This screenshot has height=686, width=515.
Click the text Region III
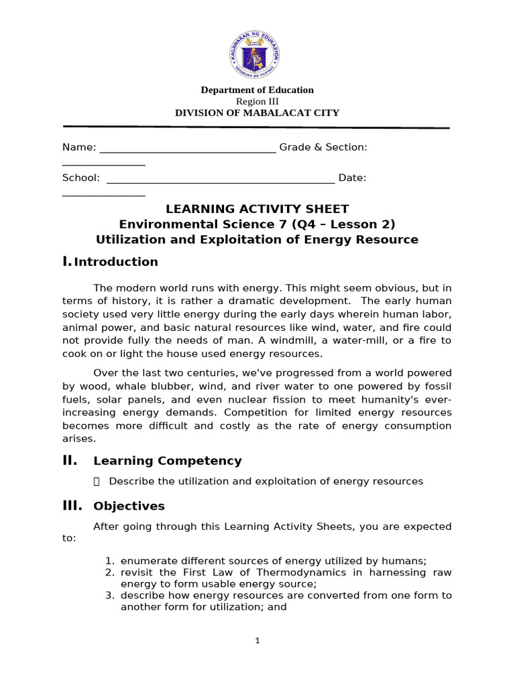point(257,101)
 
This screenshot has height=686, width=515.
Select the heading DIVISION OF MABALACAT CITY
point(257,113)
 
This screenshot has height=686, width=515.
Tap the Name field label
point(79,147)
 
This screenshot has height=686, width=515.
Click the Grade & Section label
point(323,147)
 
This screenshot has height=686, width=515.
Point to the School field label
point(81,178)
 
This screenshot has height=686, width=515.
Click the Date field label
point(352,178)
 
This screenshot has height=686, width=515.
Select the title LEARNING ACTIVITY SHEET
point(257,209)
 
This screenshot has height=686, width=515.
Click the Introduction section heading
point(116,262)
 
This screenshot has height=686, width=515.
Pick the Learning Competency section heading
point(168,461)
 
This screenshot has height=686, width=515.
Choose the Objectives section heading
point(129,506)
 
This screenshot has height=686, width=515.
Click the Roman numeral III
point(72,506)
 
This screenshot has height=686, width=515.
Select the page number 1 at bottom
point(257,640)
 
